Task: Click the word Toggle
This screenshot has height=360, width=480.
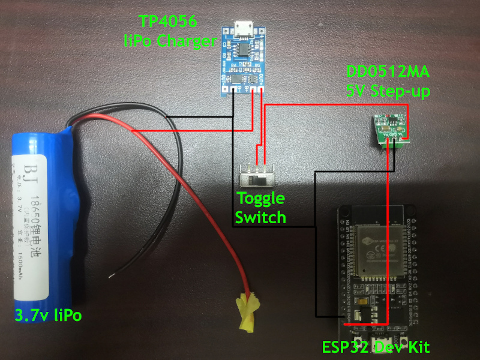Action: pyautogui.click(x=260, y=199)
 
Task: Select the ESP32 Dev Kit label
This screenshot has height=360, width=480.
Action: pyautogui.click(x=376, y=347)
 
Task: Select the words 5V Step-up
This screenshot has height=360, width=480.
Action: pyautogui.click(x=388, y=92)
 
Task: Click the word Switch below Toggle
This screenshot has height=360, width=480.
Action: pyautogui.click(x=260, y=217)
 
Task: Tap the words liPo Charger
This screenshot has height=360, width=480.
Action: pyautogui.click(x=169, y=41)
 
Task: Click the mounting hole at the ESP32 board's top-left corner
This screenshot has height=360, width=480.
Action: pyautogui.click(x=345, y=212)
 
